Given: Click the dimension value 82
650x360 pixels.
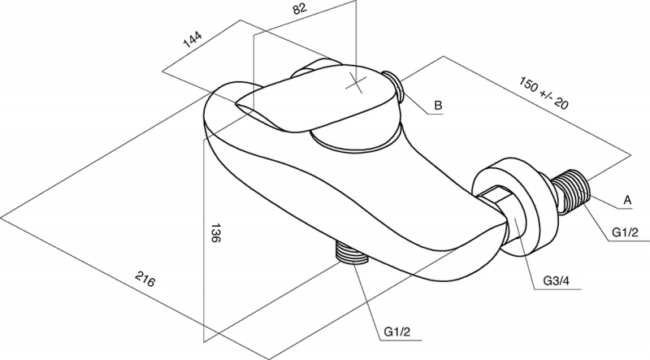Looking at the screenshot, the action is click(x=300, y=8).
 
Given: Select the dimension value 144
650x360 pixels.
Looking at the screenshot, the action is click(x=193, y=39).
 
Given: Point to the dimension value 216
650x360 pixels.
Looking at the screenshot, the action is click(x=145, y=279).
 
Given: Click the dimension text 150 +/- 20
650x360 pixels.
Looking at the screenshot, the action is click(x=543, y=93).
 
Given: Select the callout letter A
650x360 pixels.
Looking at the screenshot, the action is click(x=627, y=201).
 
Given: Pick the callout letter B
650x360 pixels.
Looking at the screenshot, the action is click(x=438, y=106).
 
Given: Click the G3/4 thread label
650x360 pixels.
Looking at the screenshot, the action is click(x=557, y=281).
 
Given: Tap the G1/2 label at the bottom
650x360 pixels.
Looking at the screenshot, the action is click(x=397, y=332).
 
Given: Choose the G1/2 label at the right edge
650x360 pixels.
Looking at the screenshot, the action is click(x=626, y=232).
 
